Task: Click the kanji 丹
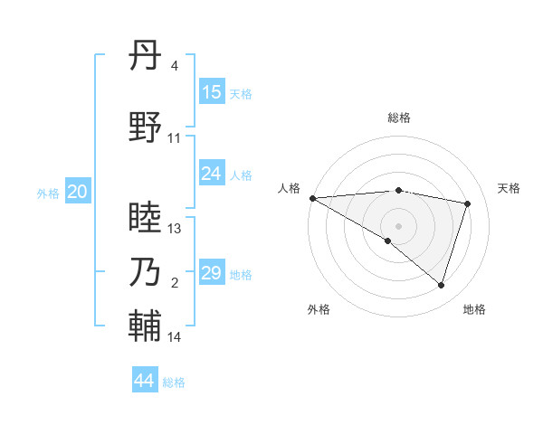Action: (145, 57)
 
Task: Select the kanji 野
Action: (145, 127)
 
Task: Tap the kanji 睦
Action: (145, 218)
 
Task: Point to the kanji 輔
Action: (145, 326)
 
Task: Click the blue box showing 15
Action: (212, 92)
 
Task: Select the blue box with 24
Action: (212, 174)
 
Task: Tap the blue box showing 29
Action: (212, 273)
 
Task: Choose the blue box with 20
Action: (78, 192)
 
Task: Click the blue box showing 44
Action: (145, 381)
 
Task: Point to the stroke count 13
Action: (175, 229)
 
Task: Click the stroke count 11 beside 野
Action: (175, 138)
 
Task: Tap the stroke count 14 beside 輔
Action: (175, 337)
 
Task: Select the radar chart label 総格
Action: (399, 118)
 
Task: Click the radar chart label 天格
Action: (509, 188)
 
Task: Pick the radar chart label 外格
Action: (319, 309)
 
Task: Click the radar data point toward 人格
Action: (312, 198)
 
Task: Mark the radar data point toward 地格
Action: (441, 285)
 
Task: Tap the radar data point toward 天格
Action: (468, 203)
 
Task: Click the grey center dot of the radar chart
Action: (398, 225)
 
